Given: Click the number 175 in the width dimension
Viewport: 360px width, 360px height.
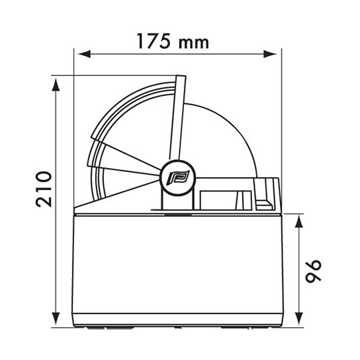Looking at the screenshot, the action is click(153, 41).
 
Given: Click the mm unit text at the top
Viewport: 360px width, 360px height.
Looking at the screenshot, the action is click(194, 43).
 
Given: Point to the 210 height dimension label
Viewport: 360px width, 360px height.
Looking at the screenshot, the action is click(43, 189).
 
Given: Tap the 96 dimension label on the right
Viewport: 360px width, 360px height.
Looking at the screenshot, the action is click(313, 271).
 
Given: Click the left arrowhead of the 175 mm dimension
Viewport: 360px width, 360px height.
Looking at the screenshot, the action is click(84, 55).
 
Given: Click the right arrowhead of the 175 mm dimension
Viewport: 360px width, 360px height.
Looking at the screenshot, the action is click(270, 55).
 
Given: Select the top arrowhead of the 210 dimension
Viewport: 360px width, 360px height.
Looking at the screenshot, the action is click(56, 84).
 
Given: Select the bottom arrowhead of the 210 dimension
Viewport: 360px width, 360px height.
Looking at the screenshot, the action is click(56, 319).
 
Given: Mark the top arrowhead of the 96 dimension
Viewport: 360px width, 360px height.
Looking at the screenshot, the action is click(299, 221).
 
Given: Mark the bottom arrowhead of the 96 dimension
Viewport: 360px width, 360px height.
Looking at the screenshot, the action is click(299, 319).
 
